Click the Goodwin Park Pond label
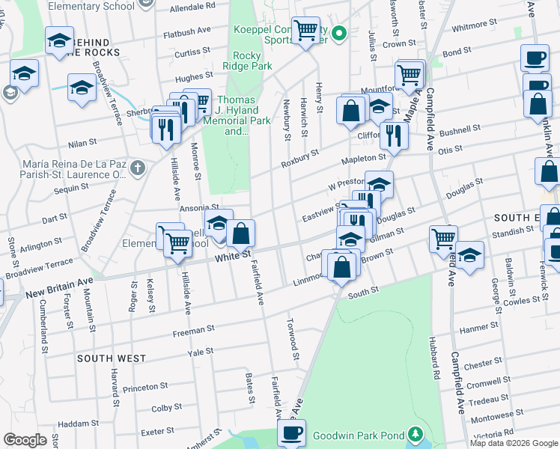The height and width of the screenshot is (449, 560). [x=358, y=435]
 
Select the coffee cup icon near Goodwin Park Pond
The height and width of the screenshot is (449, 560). [x=291, y=432]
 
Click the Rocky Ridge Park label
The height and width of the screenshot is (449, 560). [x=246, y=61]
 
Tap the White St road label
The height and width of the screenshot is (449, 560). [x=231, y=257]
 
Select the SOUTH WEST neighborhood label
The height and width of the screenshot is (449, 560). [x=112, y=358]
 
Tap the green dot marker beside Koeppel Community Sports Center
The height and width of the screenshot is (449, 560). [x=338, y=32]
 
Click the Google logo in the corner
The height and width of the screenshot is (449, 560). [x=25, y=440]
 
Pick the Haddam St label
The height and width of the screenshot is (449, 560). [x=73, y=423]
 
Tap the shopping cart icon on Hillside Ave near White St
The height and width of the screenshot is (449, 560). [x=177, y=242]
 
